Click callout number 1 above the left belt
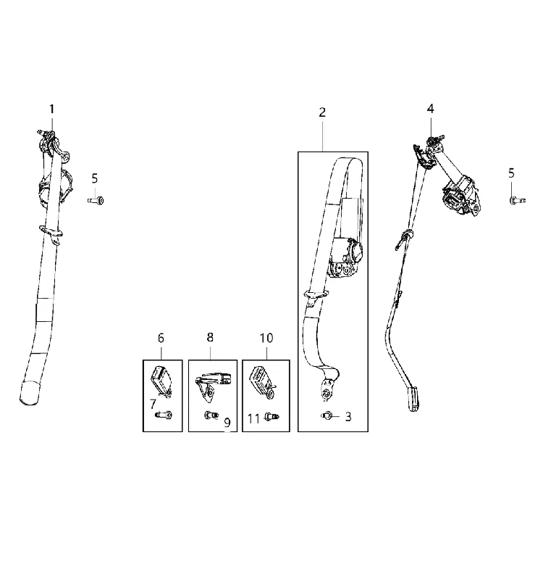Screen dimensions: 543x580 coord(51,109)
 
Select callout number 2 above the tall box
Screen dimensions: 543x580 coord(322,112)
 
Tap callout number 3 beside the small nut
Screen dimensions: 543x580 coord(348,417)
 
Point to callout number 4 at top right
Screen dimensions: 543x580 coord(430,109)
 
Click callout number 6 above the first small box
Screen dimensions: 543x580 coord(161,338)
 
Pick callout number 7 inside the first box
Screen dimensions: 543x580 coord(153,405)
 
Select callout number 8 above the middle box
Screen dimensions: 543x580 coord(210,337)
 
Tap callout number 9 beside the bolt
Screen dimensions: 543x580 coord(227,423)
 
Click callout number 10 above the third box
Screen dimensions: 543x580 coord(266,338)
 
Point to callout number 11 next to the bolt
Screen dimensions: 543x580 coord(253,419)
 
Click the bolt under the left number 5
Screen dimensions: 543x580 coord(96,201)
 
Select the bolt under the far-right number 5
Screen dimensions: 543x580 coord(517,201)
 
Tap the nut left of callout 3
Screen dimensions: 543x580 coord(327,416)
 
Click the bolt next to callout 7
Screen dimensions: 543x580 coord(164,415)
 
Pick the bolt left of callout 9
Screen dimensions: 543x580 coord(211,415)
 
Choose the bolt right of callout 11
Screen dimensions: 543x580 coord(271,418)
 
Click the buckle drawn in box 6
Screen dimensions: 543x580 coord(161,381)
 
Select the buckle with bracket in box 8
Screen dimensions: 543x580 coord(212,386)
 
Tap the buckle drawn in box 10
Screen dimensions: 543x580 coord(262,382)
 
